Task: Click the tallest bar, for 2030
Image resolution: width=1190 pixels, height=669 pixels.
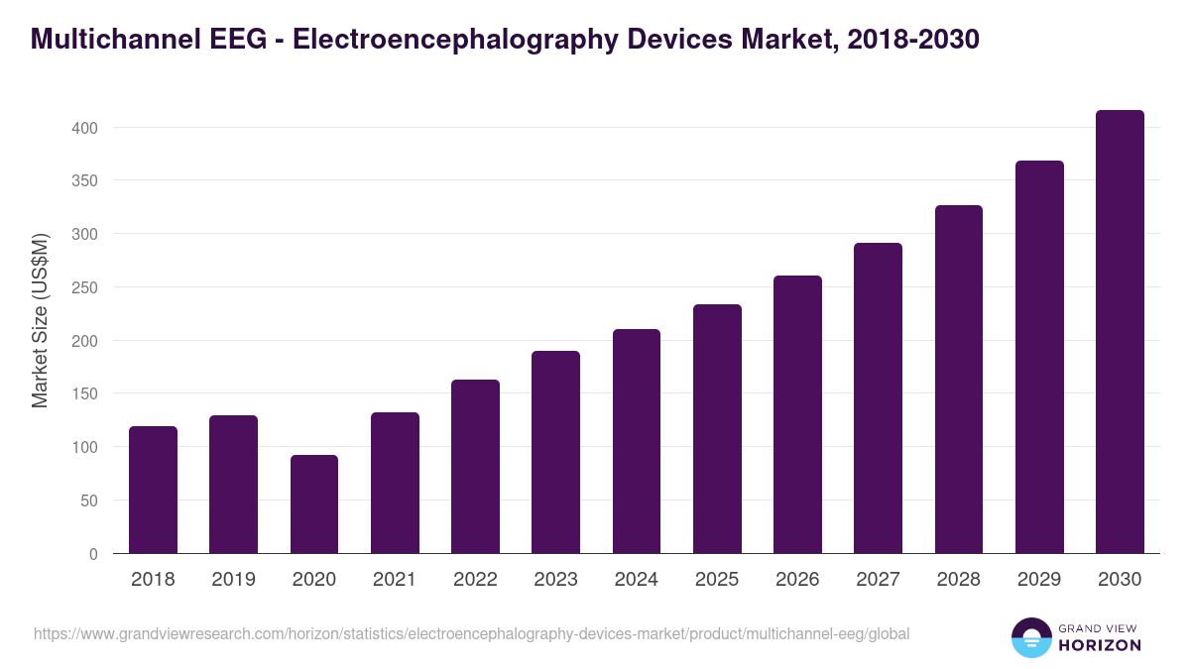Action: point(1120,332)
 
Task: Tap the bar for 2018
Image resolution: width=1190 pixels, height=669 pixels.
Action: point(153,490)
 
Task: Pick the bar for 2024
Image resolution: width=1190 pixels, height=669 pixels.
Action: point(637,441)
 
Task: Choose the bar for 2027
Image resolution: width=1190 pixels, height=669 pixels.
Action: point(878,397)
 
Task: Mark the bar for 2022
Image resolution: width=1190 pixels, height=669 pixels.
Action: point(475,466)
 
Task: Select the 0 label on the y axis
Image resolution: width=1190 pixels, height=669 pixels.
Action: point(93,554)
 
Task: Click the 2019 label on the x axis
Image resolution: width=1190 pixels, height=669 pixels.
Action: point(233,580)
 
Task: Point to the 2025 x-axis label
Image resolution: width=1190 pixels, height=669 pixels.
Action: point(717,580)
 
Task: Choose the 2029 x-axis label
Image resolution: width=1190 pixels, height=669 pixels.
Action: point(1039,580)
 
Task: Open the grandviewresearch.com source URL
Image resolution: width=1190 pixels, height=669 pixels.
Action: point(471,633)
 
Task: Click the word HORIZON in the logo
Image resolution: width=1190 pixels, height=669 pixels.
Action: point(1100,645)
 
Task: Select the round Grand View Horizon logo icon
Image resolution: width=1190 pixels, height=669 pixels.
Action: point(1030,637)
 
